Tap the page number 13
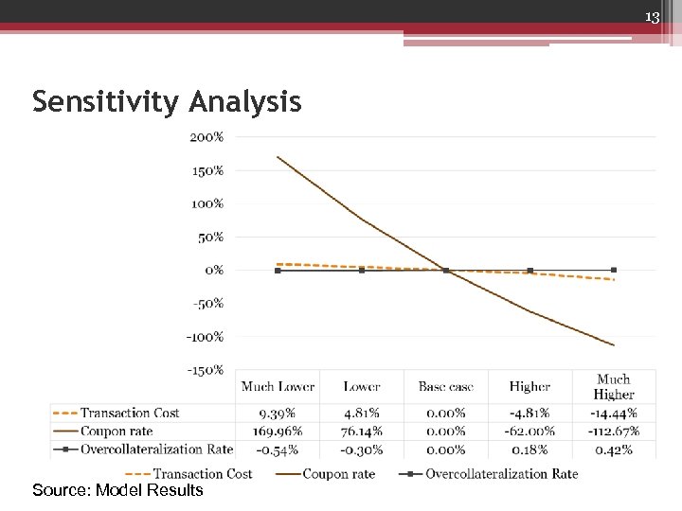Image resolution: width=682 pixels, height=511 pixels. click(652, 17)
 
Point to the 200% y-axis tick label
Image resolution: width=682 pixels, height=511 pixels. click(207, 137)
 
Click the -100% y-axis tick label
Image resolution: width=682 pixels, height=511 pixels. click(205, 337)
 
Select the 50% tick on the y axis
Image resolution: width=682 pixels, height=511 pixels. click(211, 237)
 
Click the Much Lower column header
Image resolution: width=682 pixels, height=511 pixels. click(278, 386)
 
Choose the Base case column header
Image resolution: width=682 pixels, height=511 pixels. click(445, 386)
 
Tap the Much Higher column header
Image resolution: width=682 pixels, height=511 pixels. click(614, 386)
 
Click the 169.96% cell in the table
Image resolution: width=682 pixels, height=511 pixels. click(277, 432)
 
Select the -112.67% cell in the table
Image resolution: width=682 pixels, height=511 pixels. click(613, 432)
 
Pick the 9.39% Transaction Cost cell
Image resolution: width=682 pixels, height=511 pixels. click(277, 414)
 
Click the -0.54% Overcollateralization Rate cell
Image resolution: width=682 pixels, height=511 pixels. click(277, 449)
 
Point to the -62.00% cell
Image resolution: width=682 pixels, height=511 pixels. click(529, 432)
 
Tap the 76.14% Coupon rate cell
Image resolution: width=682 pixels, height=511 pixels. click(362, 432)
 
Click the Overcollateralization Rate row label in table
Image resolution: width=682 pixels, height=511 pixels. click(156, 449)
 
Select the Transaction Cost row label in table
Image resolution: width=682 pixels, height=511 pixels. click(130, 414)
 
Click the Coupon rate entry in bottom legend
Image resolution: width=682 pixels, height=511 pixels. click(338, 473)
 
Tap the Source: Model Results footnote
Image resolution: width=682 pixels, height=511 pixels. click(117, 490)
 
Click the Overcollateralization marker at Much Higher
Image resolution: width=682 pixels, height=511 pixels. click(614, 270)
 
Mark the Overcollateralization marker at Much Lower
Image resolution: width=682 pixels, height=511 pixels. click(278, 271)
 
